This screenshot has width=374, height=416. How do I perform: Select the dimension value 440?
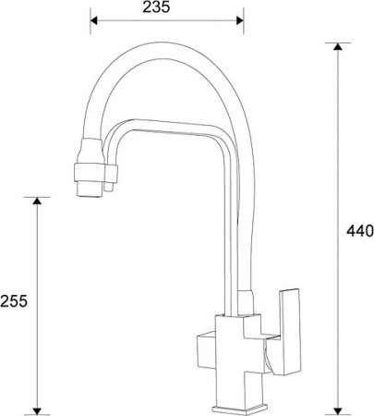[358, 230]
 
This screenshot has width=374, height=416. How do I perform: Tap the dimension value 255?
[13, 301]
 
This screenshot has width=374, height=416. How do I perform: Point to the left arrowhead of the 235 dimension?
[94, 20]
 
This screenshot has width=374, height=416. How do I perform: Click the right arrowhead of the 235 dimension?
[239, 20]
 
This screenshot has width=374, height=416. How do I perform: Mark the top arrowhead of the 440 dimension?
[339, 47]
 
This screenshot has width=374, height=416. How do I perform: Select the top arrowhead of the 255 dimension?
[37, 202]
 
